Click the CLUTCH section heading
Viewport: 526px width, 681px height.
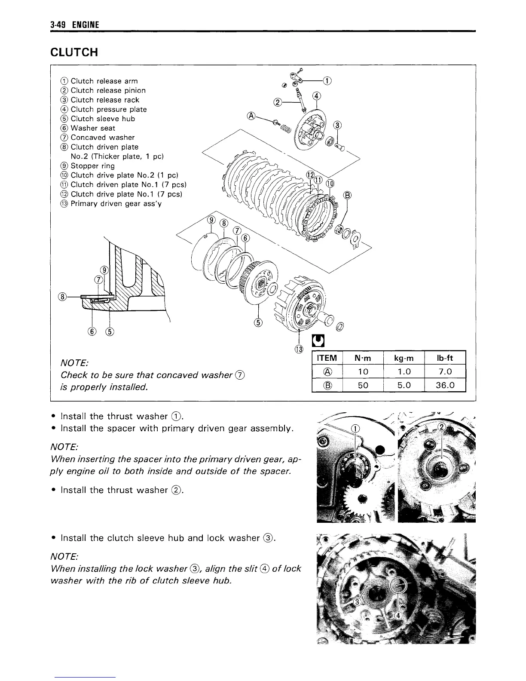[74, 52]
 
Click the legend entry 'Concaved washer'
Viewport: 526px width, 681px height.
[102, 138]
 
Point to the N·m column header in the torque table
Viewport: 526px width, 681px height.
[363, 358]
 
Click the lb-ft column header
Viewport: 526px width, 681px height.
[444, 358]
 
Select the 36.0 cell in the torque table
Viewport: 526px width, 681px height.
[444, 385]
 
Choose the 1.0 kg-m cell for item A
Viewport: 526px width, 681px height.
[404, 371]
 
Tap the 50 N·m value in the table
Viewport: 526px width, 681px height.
[363, 385]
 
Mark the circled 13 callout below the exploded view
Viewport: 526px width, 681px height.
[299, 348]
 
